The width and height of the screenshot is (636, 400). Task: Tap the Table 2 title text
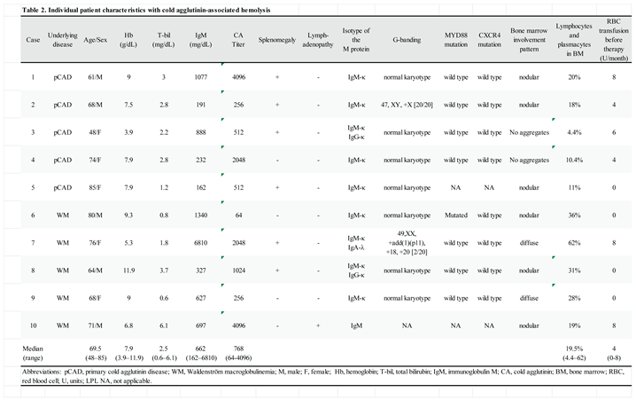[133, 7]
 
